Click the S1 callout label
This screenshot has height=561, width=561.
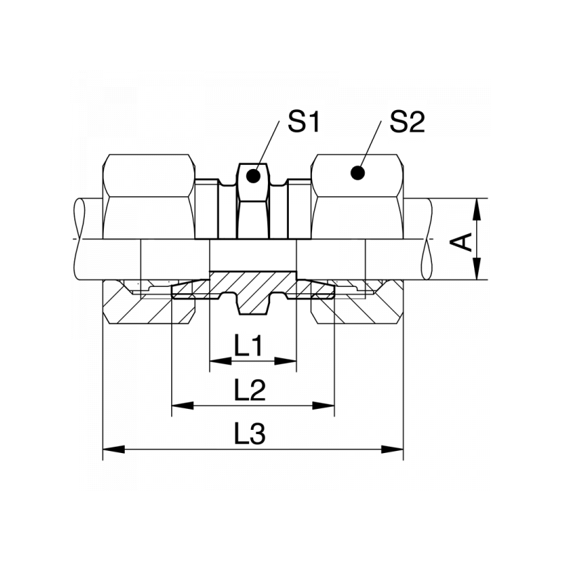tap(303, 122)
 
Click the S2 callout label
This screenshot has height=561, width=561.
tap(407, 122)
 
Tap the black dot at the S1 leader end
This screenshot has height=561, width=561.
tap(253, 176)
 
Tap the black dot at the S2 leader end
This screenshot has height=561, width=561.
tap(358, 173)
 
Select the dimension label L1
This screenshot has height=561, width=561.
tap(250, 346)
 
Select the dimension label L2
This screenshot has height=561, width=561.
tap(250, 390)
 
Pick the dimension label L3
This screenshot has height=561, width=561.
tap(250, 433)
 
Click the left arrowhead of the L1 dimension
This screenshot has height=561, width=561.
tap(220, 361)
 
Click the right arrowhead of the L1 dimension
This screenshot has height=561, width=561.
tap(285, 361)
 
